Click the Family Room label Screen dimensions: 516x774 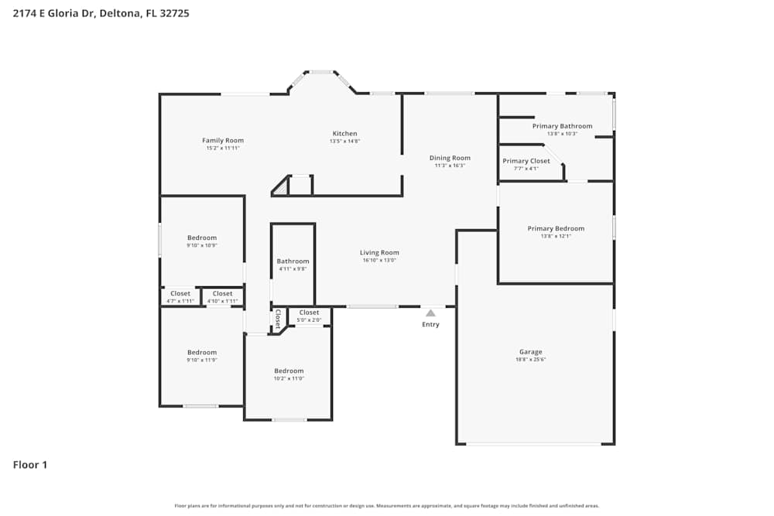click(223, 141)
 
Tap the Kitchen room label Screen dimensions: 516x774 click(344, 134)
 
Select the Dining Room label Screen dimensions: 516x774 click(450, 159)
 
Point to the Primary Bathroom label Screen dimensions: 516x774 click(562, 126)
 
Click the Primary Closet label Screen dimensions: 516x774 click(526, 161)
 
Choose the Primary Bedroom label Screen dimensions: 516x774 click(556, 228)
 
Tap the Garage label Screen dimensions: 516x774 click(530, 352)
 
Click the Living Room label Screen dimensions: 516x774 click(379, 253)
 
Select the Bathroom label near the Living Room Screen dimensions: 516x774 click(293, 261)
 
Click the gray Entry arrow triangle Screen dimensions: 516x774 click(430, 313)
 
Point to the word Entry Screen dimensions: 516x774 click(430, 324)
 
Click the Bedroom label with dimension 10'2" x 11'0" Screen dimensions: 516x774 click(289, 371)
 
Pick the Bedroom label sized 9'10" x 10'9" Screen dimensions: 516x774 click(202, 237)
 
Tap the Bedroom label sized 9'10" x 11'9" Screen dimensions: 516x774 click(202, 352)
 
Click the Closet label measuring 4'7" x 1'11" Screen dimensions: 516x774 click(180, 294)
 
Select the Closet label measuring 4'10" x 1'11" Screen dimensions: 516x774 click(222, 294)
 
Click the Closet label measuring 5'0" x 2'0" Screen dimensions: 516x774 click(309, 313)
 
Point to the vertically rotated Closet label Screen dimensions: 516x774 click(277, 320)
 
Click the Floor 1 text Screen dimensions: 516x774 click(30, 465)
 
